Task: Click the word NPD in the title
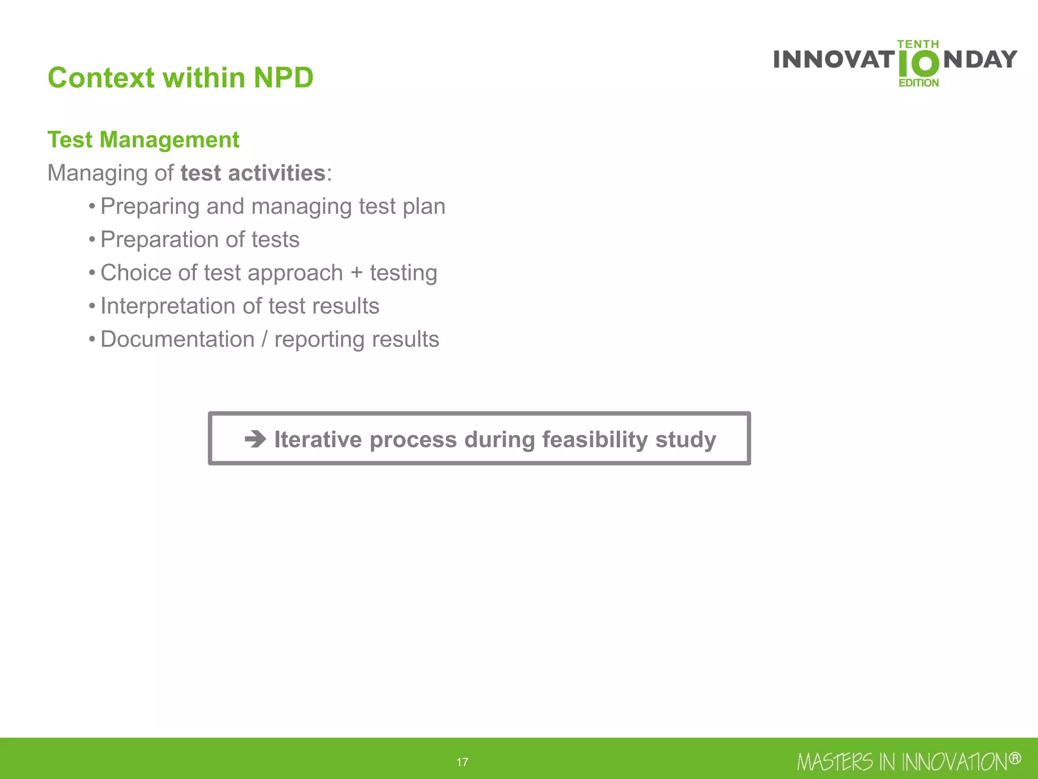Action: (283, 78)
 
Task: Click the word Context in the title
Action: (101, 78)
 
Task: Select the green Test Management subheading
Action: (143, 139)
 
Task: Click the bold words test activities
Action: (253, 173)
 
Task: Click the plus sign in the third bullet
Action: (356, 273)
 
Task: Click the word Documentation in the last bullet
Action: (177, 339)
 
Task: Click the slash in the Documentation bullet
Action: (264, 339)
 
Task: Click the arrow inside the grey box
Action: (255, 439)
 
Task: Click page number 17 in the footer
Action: (462, 762)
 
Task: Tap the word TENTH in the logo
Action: (918, 45)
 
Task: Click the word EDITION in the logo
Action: (918, 83)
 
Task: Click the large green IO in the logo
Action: (918, 64)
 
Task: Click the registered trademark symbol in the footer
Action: (1014, 758)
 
